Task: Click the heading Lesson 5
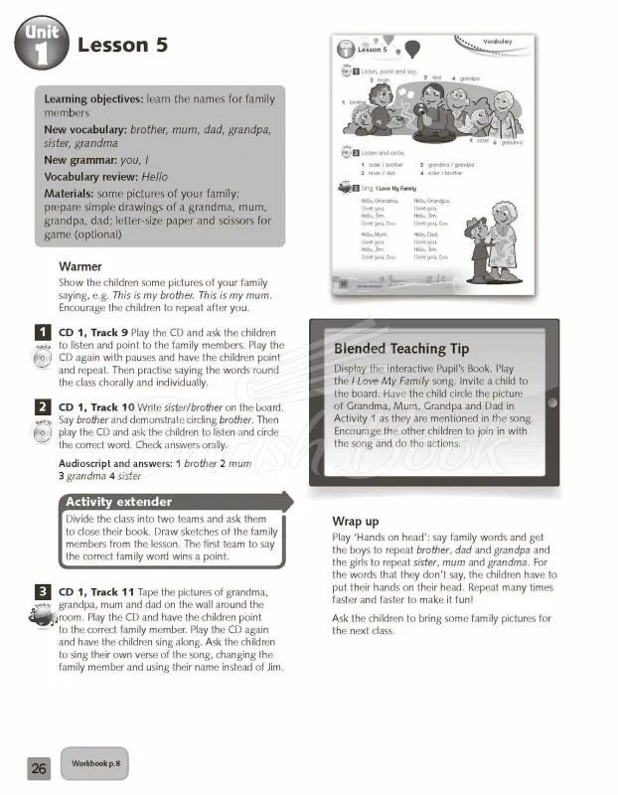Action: pos(122,45)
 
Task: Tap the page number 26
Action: pos(38,767)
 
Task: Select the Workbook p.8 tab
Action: pos(94,763)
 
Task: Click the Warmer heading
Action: pos(80,267)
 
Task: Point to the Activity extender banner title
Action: pos(118,501)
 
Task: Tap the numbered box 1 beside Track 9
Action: pos(43,331)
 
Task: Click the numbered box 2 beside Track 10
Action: pos(43,406)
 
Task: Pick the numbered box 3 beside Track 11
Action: pos(43,590)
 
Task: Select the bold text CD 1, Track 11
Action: pos(95,590)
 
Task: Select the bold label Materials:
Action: pos(73,192)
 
